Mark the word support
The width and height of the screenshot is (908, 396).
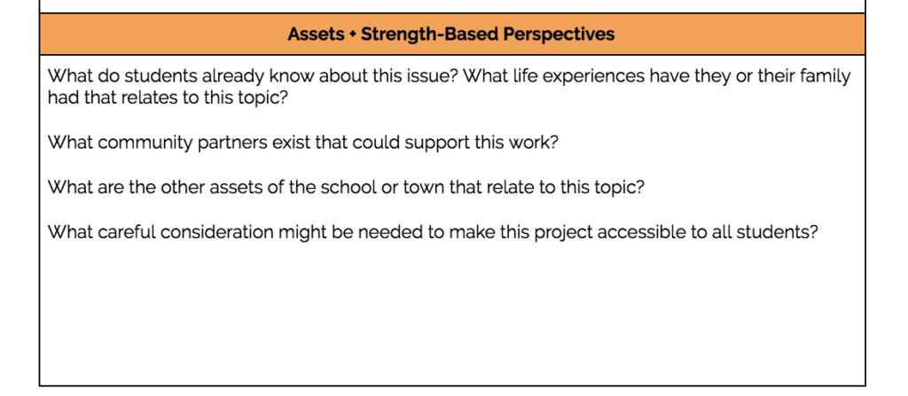438,143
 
